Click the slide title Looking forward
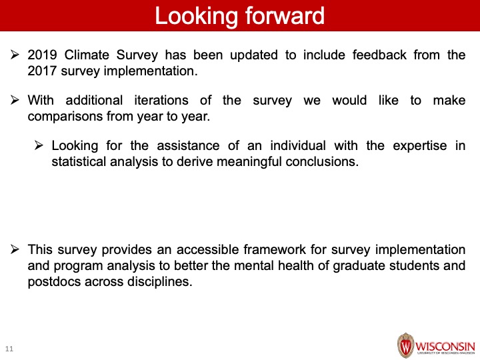240,16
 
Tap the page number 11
9,349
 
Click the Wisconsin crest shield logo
405,345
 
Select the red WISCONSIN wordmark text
445,347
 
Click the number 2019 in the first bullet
42,55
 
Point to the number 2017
42,71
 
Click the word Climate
87,55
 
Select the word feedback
379,55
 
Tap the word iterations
161,101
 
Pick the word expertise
420,146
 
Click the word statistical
79,161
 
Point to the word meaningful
249,161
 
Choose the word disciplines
160,281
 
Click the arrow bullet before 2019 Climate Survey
15,55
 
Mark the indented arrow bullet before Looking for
39,145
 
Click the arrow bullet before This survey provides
15,249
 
